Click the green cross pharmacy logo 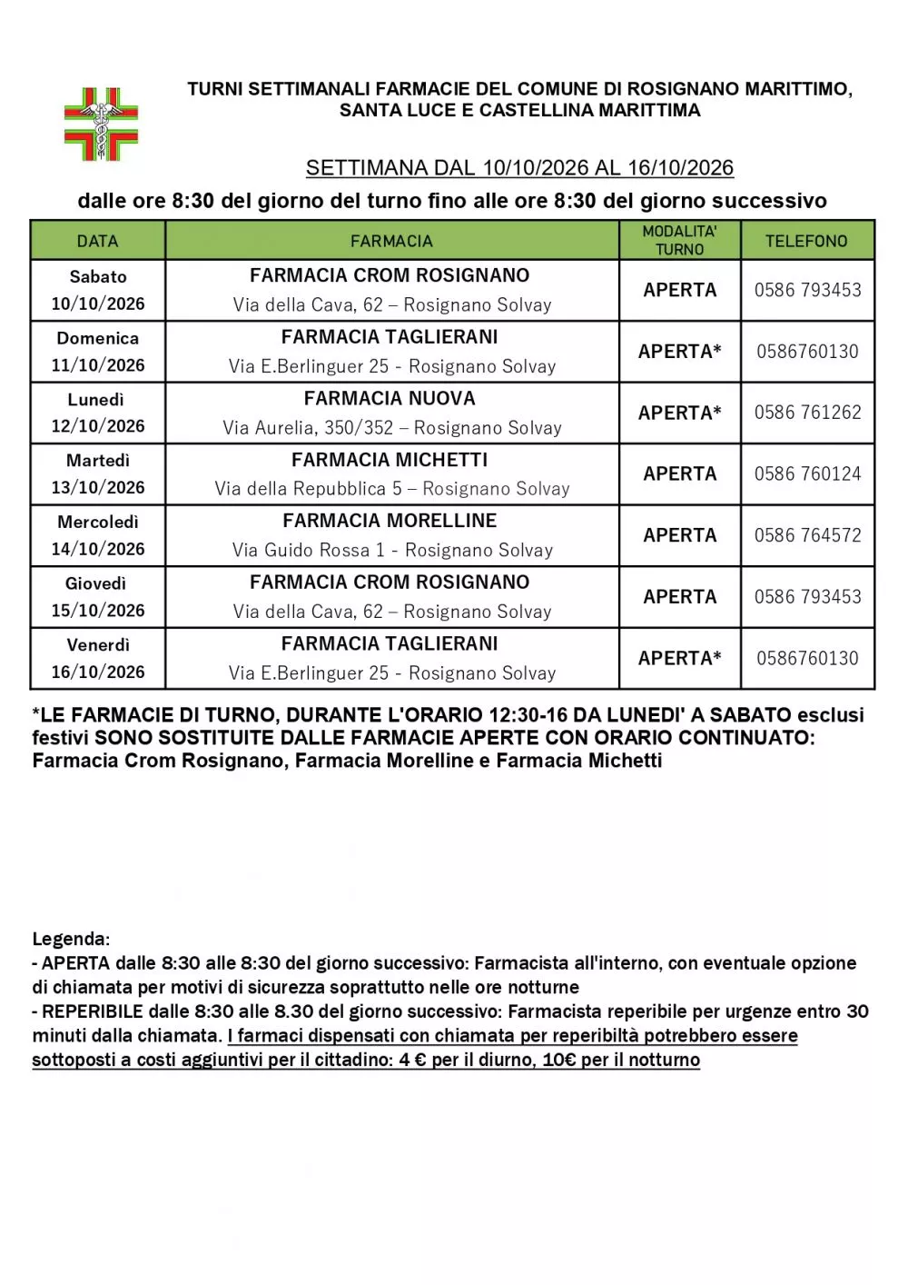[101, 124]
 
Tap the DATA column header [97, 241]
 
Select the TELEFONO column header [806, 241]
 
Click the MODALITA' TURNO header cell [679, 241]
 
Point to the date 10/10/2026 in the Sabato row [98, 304]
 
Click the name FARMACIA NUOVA [390, 399]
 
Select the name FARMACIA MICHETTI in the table [390, 460]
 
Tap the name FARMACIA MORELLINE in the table [390, 521]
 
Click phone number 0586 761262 [807, 413]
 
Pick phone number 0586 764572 [807, 535]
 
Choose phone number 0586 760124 [807, 473]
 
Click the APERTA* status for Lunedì [679, 413]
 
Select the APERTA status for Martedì [679, 473]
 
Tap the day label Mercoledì [98, 523]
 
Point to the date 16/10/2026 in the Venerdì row [98, 672]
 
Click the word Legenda [70, 939]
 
